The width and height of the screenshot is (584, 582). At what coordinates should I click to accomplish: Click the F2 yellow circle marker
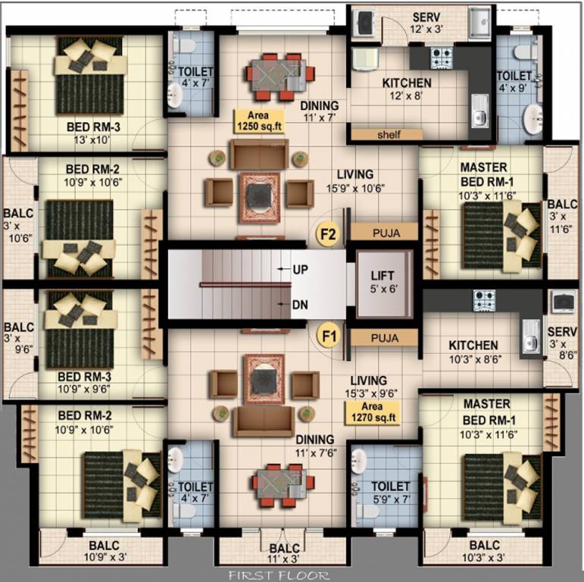328,234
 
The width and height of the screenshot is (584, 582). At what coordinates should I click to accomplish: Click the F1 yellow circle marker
328,335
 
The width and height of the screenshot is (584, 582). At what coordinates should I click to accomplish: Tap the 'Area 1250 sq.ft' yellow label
260,120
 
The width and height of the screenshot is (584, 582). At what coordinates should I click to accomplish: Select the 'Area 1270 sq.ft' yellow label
371,411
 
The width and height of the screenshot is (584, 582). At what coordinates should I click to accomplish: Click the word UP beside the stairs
301,269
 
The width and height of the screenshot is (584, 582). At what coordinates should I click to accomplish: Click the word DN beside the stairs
301,305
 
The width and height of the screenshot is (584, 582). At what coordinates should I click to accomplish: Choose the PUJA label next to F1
385,336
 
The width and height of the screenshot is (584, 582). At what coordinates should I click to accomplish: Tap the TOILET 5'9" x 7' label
390,493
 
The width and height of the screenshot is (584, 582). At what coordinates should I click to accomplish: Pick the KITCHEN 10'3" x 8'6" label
473,351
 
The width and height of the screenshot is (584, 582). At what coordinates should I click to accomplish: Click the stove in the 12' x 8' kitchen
442,57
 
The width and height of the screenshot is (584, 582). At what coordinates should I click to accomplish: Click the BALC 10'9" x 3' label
103,551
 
